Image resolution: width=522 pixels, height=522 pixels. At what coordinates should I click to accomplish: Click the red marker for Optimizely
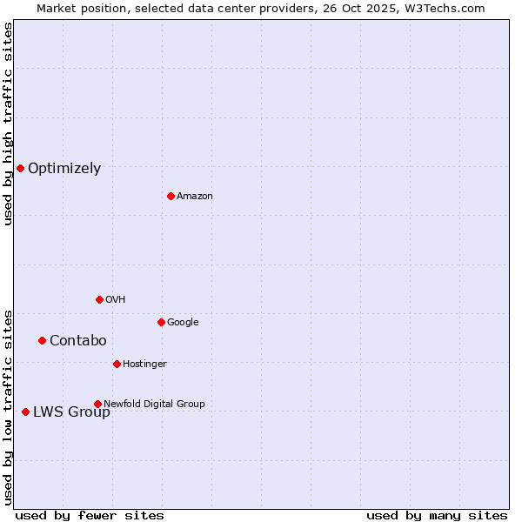tap(20, 168)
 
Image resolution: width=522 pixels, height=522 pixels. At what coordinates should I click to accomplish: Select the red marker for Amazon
tap(171, 196)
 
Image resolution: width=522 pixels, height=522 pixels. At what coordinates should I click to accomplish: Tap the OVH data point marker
tap(99, 299)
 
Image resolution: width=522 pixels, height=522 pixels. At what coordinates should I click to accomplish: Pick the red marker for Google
tap(161, 322)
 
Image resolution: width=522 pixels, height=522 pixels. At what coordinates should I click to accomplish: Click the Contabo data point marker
tap(42, 340)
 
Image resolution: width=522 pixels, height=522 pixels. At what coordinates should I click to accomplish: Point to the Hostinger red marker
tap(117, 364)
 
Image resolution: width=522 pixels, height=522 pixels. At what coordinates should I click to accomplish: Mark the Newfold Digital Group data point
tap(97, 404)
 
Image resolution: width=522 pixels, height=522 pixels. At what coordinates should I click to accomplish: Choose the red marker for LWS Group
tap(25, 412)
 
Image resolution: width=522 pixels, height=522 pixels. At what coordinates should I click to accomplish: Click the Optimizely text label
tap(64, 169)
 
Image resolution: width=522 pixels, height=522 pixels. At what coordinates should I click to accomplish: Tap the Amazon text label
tap(195, 197)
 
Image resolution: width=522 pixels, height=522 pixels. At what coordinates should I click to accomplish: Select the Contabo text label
tap(77, 341)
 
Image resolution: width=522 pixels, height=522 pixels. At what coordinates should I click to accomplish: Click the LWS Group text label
tap(71, 412)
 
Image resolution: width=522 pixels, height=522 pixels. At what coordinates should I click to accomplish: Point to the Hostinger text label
tap(144, 365)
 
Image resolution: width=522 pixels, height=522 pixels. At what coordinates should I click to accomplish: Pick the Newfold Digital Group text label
tap(154, 405)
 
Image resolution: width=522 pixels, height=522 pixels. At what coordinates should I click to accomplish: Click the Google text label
tap(183, 323)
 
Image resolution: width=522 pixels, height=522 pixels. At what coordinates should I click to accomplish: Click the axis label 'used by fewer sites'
tap(90, 515)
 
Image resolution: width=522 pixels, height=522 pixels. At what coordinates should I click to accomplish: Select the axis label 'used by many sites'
tap(437, 515)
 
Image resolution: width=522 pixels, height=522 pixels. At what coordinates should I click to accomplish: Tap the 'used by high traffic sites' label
tap(9, 124)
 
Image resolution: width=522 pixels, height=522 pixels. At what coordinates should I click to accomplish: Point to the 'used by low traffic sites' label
tap(9, 407)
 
